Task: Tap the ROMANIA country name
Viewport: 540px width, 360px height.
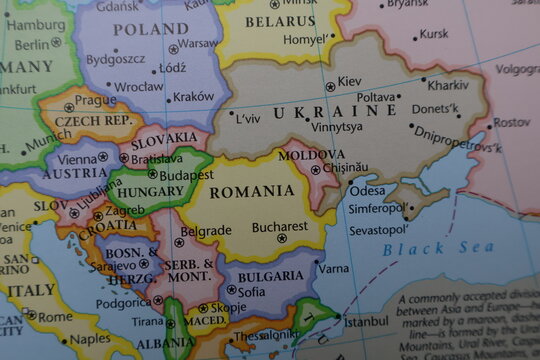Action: click(253, 191)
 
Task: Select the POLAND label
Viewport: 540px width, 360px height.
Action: click(150, 30)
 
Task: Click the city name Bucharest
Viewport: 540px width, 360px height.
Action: click(280, 227)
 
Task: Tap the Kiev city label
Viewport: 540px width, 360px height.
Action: click(350, 81)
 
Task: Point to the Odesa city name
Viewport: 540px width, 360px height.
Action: click(367, 191)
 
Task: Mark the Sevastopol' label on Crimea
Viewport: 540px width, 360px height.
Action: click(377, 230)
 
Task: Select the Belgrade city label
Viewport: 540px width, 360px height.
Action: click(206, 230)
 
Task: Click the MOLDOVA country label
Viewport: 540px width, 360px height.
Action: click(312, 155)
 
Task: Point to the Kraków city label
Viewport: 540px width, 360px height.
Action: click(193, 97)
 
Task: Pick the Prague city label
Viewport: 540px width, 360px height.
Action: click(95, 100)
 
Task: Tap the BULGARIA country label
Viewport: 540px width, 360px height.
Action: click(271, 276)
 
